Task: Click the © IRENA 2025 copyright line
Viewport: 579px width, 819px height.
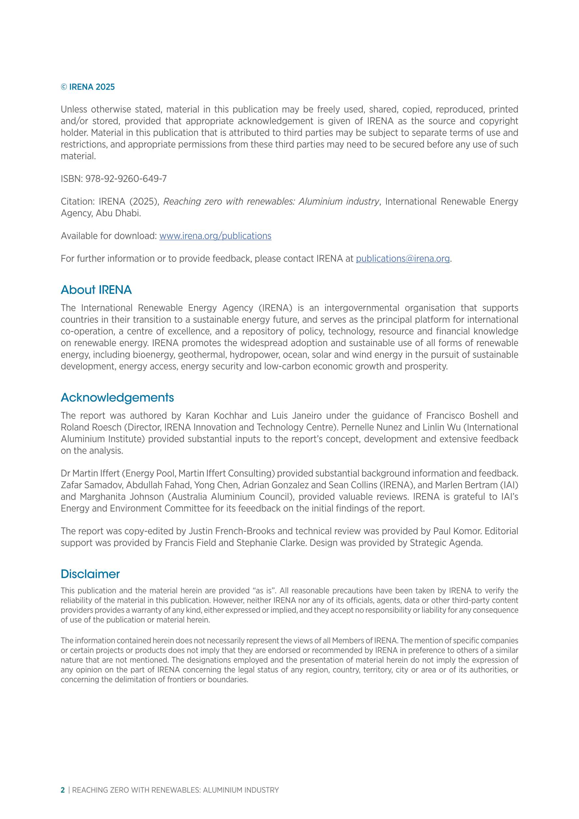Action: tap(88, 87)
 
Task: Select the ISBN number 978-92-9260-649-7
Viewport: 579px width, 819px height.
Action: tap(126, 179)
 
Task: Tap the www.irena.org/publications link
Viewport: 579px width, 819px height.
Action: tap(215, 236)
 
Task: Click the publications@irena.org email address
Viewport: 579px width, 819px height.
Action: tap(403, 259)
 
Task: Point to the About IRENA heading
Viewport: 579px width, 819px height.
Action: tap(96, 290)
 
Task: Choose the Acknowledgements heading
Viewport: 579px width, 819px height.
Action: tap(117, 397)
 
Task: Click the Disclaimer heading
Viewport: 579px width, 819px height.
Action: tap(90, 574)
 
